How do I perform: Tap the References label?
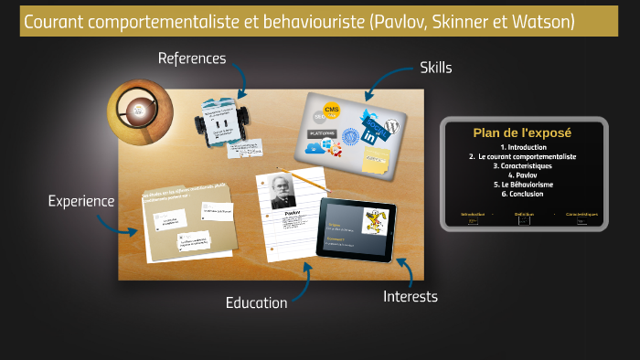click(x=191, y=58)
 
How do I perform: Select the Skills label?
click(x=435, y=67)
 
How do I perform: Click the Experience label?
click(x=81, y=201)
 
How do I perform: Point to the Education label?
click(x=256, y=302)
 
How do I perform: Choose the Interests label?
click(x=410, y=296)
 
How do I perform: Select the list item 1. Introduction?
click(x=523, y=147)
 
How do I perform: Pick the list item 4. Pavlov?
click(x=523, y=175)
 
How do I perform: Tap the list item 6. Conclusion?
click(x=523, y=194)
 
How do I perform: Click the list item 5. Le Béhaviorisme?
click(x=523, y=185)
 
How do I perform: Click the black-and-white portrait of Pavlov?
click(x=284, y=191)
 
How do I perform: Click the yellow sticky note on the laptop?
click(x=375, y=161)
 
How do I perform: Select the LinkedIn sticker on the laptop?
click(x=372, y=135)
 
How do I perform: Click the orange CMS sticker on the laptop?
click(x=332, y=111)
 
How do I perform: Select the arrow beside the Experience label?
click(x=128, y=218)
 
